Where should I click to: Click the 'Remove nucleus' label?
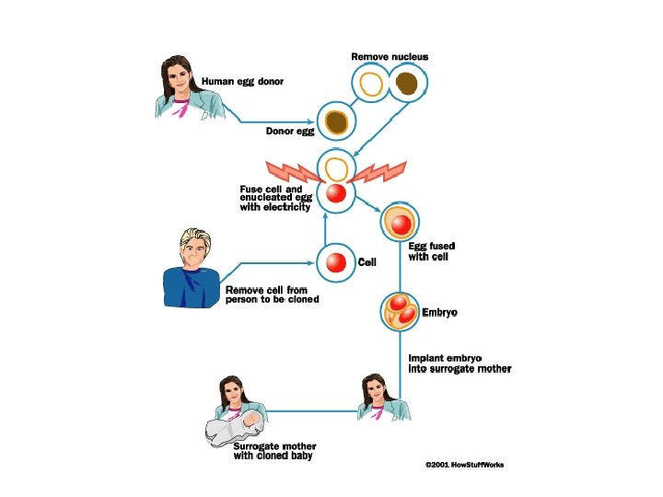(390, 57)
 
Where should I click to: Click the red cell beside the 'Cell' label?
(335, 262)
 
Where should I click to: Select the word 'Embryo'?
(439, 312)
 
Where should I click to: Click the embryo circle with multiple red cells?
(401, 312)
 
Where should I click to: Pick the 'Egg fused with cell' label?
(432, 251)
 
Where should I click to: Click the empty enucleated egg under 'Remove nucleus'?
(371, 85)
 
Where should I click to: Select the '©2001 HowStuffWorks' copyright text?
(464, 466)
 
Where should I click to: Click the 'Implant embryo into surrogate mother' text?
(459, 363)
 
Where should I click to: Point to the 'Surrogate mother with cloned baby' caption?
(272, 450)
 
